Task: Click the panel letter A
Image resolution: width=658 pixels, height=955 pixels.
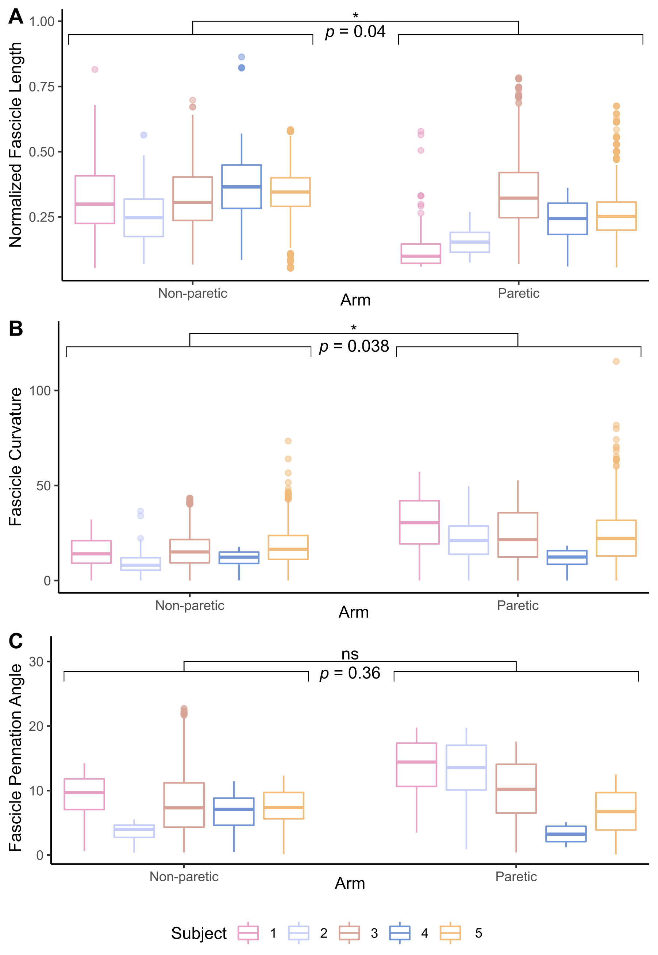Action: pyautogui.click(x=16, y=17)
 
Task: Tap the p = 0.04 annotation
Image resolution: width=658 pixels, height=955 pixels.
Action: pyautogui.click(x=355, y=32)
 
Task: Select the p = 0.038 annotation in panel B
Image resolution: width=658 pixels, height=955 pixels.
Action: pyautogui.click(x=354, y=346)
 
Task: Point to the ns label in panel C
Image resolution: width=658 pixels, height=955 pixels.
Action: pyautogui.click(x=350, y=654)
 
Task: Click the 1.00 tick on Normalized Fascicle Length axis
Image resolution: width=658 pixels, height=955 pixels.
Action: pyautogui.click(x=42, y=22)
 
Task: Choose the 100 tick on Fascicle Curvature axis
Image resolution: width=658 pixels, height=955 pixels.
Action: pyautogui.click(x=40, y=391)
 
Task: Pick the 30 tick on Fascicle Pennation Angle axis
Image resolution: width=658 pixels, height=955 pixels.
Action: pyautogui.click(x=36, y=662)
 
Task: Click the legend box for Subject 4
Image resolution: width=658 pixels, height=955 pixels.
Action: pyautogui.click(x=400, y=933)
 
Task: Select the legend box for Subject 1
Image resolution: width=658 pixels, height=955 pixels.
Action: pyautogui.click(x=248, y=933)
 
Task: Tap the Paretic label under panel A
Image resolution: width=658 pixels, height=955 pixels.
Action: pyautogui.click(x=518, y=293)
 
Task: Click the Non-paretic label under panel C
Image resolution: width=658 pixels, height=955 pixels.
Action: pyautogui.click(x=184, y=876)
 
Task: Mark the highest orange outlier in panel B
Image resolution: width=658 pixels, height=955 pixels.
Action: pyautogui.click(x=616, y=361)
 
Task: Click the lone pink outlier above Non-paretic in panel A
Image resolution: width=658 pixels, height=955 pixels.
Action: pyautogui.click(x=95, y=69)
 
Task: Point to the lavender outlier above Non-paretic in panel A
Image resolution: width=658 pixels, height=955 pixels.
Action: pyautogui.click(x=143, y=135)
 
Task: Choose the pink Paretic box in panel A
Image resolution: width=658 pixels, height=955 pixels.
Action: pyautogui.click(x=420, y=254)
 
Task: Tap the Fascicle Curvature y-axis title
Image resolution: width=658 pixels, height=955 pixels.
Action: pyautogui.click(x=16, y=456)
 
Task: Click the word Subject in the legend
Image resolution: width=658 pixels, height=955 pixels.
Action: pyautogui.click(x=199, y=933)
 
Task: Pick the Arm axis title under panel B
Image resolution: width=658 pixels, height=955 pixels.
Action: pyautogui.click(x=353, y=612)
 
